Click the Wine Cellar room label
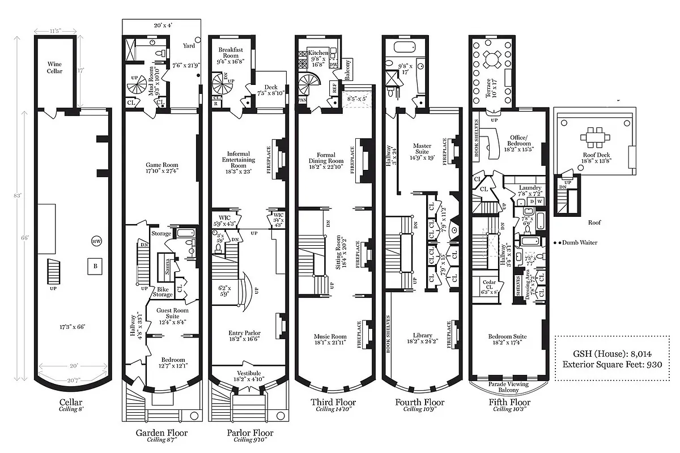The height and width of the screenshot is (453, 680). [55, 67]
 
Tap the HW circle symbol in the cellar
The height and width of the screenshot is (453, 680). [96, 242]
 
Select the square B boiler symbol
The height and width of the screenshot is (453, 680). [91, 266]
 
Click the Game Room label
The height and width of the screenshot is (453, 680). [163, 165]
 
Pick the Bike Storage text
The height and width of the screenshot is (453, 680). [163, 292]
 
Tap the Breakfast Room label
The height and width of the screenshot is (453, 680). [231, 53]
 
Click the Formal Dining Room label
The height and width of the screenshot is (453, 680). [326, 158]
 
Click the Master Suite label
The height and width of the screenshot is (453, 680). [422, 149]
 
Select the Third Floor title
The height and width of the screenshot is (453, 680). [333, 402]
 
